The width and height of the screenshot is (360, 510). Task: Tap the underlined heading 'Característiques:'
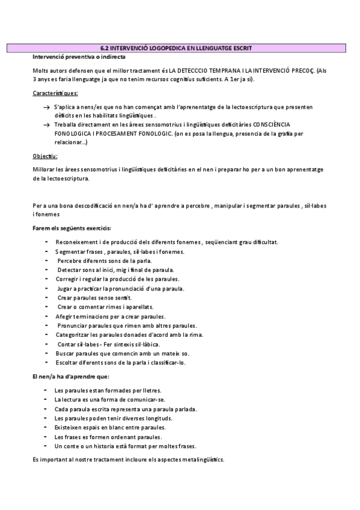(x=55, y=93)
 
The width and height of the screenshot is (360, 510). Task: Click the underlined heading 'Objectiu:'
(x=45, y=156)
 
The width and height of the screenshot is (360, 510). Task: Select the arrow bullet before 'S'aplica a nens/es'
(x=47, y=106)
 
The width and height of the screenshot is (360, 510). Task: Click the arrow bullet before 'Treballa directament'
(x=47, y=124)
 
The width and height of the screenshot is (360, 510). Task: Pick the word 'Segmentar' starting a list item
(x=70, y=251)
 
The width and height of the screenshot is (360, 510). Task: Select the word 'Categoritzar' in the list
(x=74, y=334)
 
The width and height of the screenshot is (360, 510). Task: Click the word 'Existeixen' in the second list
(x=69, y=427)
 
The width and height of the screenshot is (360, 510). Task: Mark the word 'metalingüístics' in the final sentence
(x=203, y=459)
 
